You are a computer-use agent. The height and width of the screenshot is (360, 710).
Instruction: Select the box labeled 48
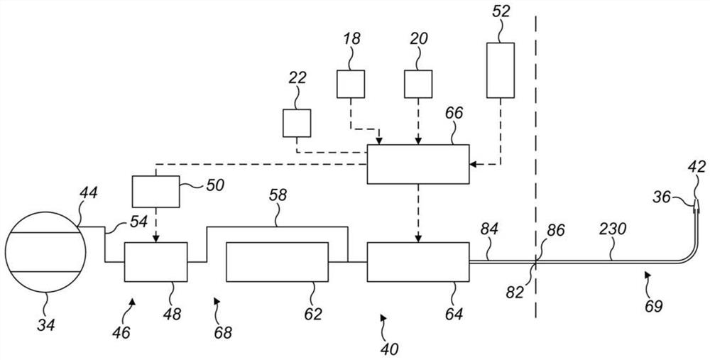pos(155,262)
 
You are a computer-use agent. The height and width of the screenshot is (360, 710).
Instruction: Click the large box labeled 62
pos(277,262)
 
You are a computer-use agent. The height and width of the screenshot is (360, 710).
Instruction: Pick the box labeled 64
pos(417,262)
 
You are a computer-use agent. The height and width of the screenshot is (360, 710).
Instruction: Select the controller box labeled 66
pos(417,164)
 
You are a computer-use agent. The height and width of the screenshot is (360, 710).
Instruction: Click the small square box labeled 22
pos(297,122)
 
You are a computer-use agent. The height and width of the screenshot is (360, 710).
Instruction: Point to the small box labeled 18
pos(351,84)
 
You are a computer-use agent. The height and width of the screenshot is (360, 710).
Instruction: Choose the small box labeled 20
pos(418,84)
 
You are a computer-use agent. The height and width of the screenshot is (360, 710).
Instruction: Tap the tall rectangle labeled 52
pos(501,70)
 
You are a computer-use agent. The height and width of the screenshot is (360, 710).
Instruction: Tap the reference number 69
pos(653,306)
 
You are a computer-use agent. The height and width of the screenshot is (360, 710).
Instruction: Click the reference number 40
pos(390,348)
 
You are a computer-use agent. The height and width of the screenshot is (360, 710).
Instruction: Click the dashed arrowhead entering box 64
pos(418,238)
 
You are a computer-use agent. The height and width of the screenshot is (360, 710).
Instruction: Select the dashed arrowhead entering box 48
pos(155,238)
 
